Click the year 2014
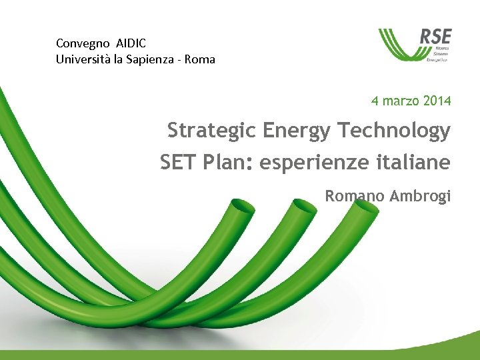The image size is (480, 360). click(x=437, y=101)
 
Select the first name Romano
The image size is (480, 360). click(x=353, y=196)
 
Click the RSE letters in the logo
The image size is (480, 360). click(x=435, y=36)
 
